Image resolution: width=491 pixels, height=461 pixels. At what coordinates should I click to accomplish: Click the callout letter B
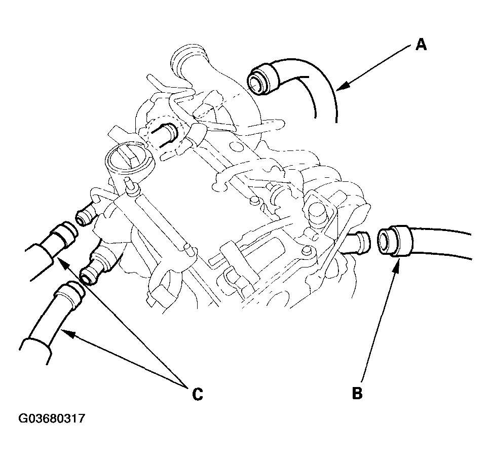[357, 393]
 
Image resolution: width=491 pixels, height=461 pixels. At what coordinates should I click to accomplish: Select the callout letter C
[197, 394]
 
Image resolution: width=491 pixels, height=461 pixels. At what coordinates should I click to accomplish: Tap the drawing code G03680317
[52, 419]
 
